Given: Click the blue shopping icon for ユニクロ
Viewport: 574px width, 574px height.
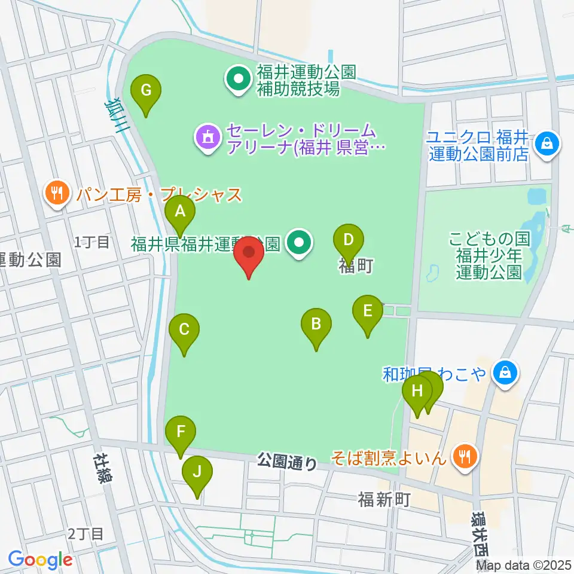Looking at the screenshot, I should point(546,143).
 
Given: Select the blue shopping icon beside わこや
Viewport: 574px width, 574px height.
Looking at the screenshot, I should point(505,374).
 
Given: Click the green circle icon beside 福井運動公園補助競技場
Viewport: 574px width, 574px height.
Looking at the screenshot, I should point(239,80).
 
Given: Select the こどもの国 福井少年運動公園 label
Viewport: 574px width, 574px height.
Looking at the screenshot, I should point(490,256).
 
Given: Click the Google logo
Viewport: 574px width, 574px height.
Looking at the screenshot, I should point(40,560).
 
